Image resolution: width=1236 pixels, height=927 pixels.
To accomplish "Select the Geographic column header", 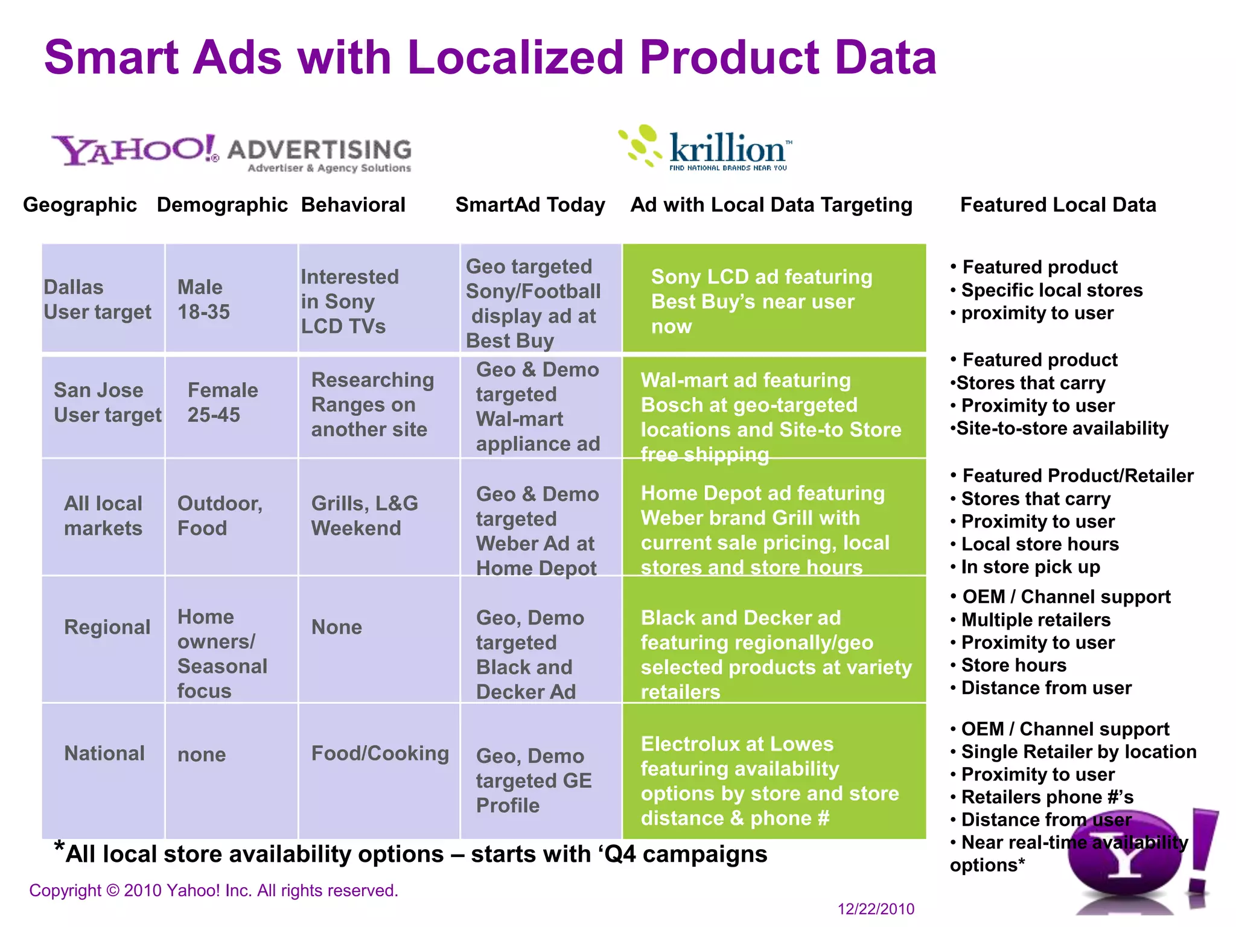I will (80, 205).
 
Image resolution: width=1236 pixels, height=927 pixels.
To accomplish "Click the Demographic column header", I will (222, 205).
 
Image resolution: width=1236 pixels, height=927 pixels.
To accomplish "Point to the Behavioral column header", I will (353, 205).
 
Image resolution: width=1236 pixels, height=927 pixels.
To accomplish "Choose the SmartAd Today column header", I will (530, 205).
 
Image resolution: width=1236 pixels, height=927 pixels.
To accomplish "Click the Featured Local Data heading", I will (1057, 205).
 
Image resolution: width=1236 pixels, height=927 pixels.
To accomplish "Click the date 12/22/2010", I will (875, 909).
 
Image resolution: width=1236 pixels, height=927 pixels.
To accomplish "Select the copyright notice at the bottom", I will (214, 890).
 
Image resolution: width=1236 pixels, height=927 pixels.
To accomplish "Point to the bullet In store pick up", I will (1030, 567).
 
